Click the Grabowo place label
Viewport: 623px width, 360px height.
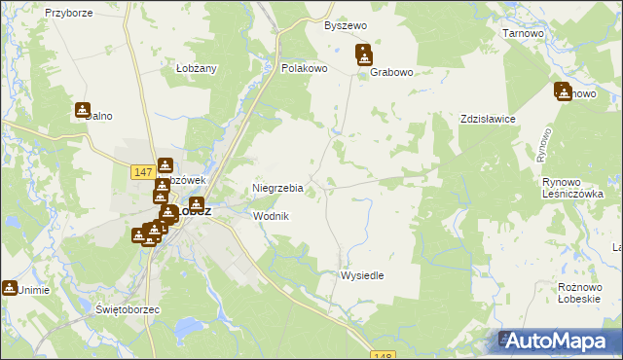pyautogui.click(x=392, y=71)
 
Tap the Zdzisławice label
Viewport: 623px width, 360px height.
pyautogui.click(x=488, y=119)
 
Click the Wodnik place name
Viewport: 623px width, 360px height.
pyautogui.click(x=271, y=216)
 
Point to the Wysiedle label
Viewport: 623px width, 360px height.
pyautogui.click(x=361, y=275)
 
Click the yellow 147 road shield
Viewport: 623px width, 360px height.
pyautogui.click(x=142, y=171)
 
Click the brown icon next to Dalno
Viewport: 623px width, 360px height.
pyautogui.click(x=82, y=110)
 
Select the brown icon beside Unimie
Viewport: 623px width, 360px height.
pyautogui.click(x=10, y=288)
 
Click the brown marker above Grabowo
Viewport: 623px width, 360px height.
pyautogui.click(x=363, y=54)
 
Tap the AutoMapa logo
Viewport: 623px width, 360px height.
pyautogui.click(x=559, y=341)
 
